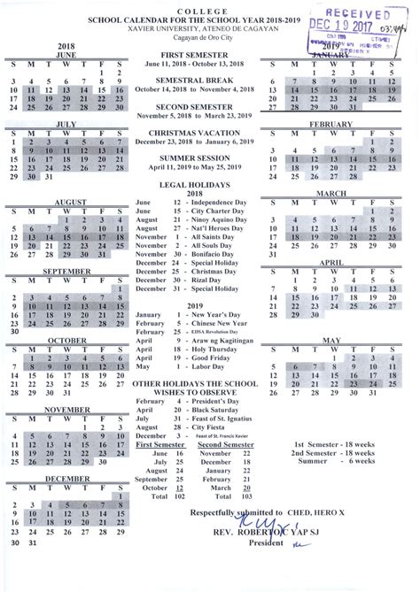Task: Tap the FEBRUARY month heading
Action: pyautogui.click(x=331, y=125)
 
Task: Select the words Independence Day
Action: pyautogui.click(x=199, y=202)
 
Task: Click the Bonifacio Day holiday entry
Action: pyautogui.click(x=196, y=254)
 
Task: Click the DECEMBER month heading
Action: pyautogui.click(x=66, y=478)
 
